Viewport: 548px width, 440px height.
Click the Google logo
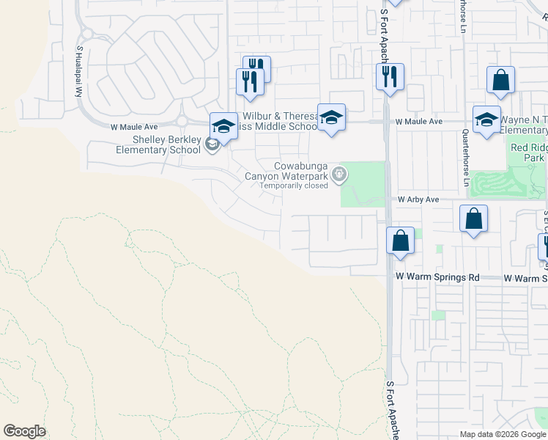24,431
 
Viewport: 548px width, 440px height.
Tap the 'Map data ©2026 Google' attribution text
503,434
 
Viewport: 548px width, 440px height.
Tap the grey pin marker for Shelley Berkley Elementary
212,144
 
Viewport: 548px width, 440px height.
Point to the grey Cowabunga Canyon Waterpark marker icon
338,175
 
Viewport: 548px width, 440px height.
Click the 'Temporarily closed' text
295,186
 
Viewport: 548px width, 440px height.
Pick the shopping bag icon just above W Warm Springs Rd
401,241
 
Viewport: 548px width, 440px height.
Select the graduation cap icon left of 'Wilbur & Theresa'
223,125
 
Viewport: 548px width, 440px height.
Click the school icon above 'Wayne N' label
486,120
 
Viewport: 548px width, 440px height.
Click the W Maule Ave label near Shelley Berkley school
134,127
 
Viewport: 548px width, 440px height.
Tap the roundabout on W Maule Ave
182,122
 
